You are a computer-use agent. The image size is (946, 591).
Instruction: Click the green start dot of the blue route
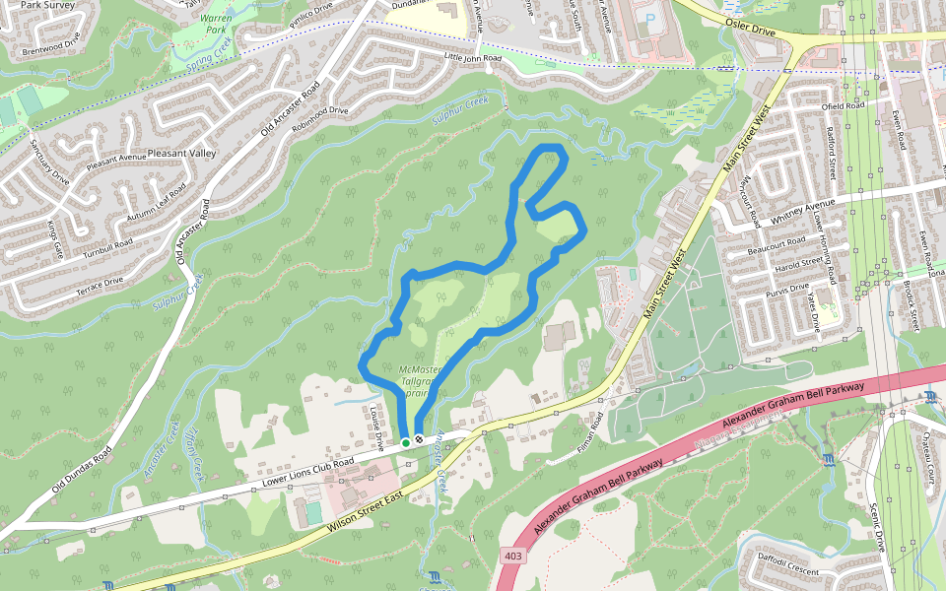(405, 443)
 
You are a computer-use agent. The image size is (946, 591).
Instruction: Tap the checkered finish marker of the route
(420, 438)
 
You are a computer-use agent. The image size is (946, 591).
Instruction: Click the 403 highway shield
(511, 557)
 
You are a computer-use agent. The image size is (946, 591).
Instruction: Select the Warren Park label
(214, 24)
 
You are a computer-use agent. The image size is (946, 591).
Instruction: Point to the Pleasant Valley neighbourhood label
(180, 154)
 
